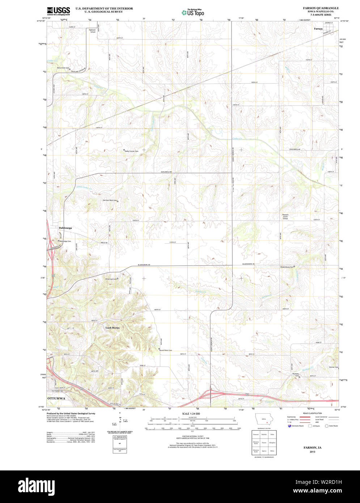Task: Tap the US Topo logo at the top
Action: pyautogui.click(x=192, y=12)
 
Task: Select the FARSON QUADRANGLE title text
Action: pyautogui.click(x=315, y=8)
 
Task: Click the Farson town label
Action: pyautogui.click(x=318, y=29)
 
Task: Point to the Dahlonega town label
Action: pyautogui.click(x=65, y=228)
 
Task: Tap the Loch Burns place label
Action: pyautogui.click(x=112, y=328)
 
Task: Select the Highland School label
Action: pyautogui.click(x=93, y=31)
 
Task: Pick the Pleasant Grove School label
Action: pyautogui.click(x=285, y=217)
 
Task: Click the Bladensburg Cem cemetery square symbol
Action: pyautogui.click(x=294, y=267)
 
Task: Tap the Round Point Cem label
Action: pyautogui.click(x=166, y=350)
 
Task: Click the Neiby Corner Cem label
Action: pyautogui.click(x=132, y=151)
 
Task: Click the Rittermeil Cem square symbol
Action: pyautogui.click(x=118, y=279)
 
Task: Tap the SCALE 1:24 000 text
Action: pyautogui.click(x=191, y=413)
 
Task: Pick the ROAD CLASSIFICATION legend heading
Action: pyautogui.click(x=313, y=413)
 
